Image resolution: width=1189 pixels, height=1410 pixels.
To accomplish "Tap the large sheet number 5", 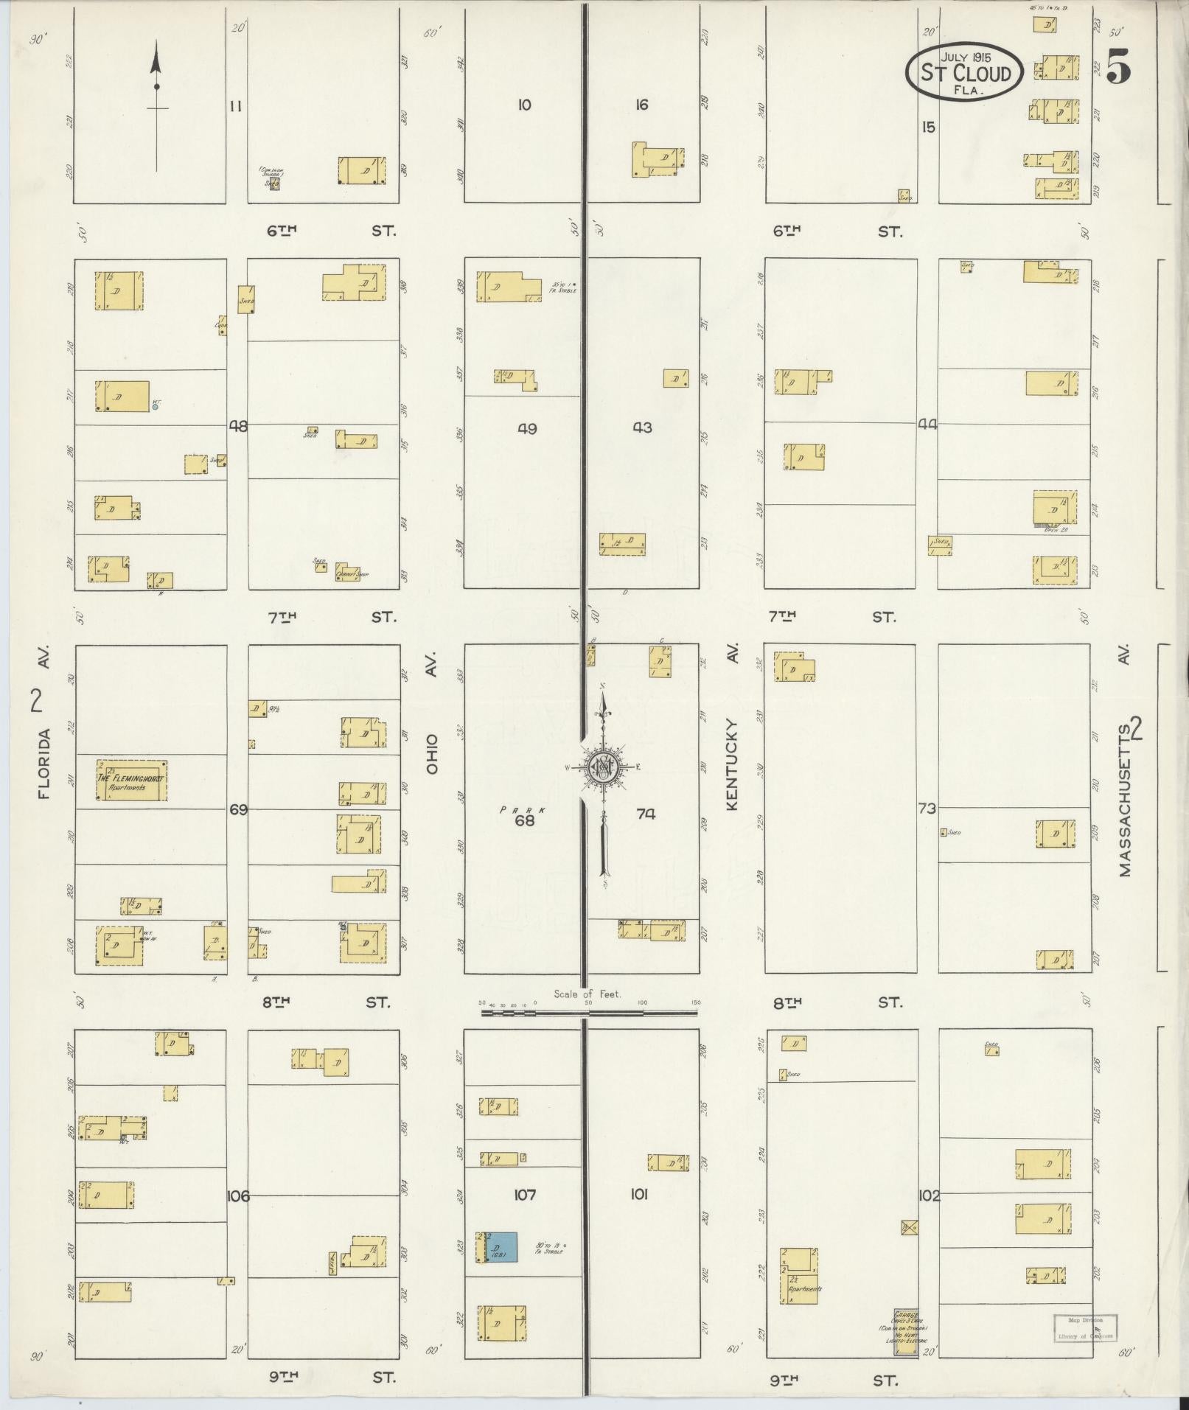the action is tap(1117, 69).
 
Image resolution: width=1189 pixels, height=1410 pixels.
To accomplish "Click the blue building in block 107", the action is tap(501, 1247).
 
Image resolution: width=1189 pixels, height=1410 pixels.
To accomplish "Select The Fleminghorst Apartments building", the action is tap(132, 781).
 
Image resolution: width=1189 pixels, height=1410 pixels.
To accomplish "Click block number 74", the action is tap(646, 814).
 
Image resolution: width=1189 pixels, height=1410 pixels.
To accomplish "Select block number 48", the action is tap(238, 425).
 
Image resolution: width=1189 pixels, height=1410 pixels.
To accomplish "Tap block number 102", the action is tap(929, 1195).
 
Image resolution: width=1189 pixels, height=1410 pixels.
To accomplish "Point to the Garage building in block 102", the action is tap(906, 1332).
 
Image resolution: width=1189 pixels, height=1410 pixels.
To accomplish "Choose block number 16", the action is tap(641, 105).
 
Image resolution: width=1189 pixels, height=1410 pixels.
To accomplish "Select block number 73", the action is tap(927, 809).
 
